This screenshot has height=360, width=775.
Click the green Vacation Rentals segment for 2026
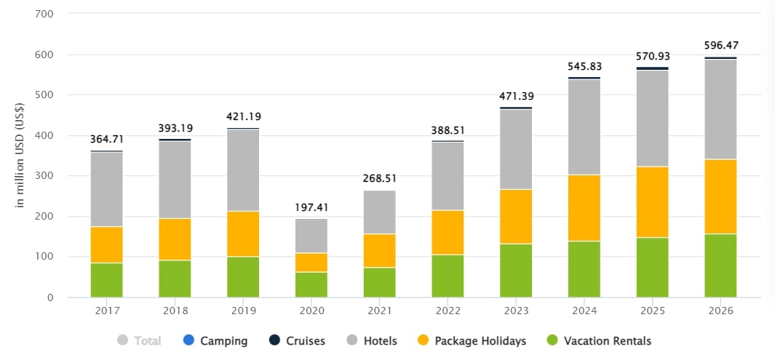(720, 265)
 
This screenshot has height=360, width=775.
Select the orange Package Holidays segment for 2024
(584, 208)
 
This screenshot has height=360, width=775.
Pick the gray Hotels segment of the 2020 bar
(311, 236)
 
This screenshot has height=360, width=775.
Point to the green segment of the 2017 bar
(106, 280)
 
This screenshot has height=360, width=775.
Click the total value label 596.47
(720, 45)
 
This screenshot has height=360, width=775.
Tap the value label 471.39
(516, 96)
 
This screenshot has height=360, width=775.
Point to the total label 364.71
(106, 139)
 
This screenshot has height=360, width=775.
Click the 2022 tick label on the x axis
(448, 311)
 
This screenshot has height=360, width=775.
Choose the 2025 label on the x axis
(652, 311)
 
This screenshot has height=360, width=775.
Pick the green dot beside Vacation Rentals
(552, 340)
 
